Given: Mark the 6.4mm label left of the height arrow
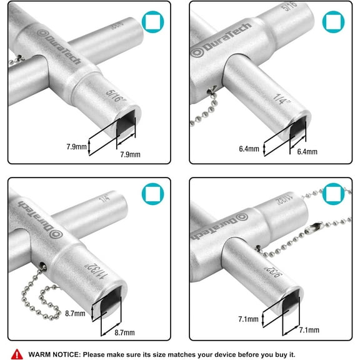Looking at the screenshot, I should tap(248, 150).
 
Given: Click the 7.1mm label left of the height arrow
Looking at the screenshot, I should tap(248, 319).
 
